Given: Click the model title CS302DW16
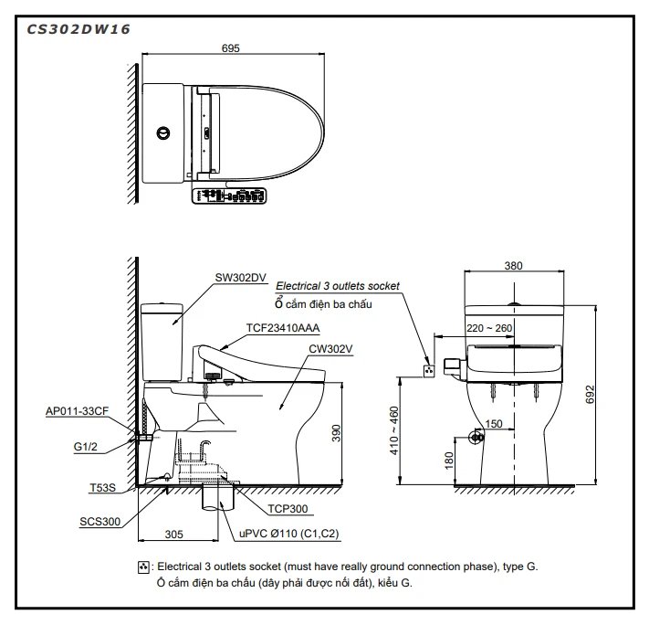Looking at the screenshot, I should [x=78, y=28].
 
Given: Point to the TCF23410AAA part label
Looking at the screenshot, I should [x=282, y=327].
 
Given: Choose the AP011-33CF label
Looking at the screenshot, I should [x=78, y=412].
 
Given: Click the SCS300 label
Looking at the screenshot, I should [x=99, y=521].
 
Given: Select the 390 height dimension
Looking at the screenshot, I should [x=335, y=433].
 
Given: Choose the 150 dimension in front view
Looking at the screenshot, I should [x=494, y=423].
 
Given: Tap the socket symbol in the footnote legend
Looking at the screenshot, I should [x=142, y=567].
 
